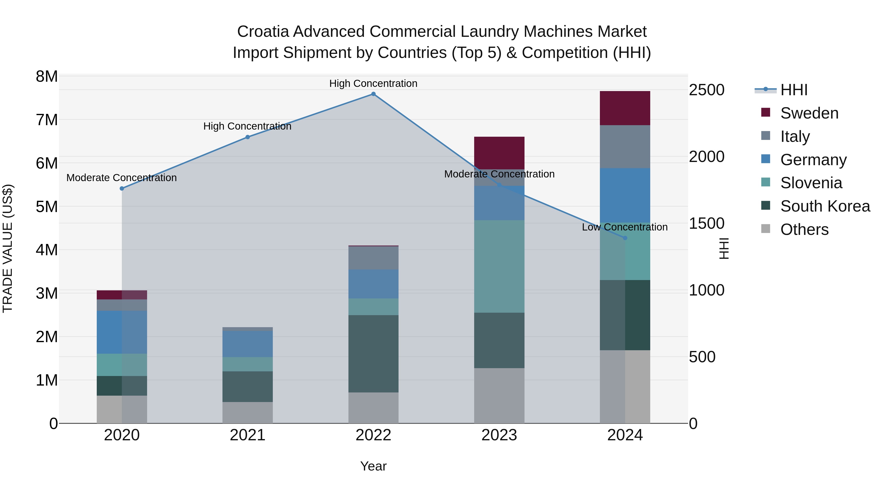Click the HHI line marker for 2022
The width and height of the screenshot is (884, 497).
(373, 94)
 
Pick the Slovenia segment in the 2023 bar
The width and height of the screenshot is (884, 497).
(499, 267)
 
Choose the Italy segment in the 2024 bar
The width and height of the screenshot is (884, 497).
(625, 147)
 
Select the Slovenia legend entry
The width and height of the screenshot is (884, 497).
(811, 183)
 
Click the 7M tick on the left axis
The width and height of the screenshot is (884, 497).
(47, 120)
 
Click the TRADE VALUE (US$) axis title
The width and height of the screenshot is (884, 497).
(8, 248)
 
